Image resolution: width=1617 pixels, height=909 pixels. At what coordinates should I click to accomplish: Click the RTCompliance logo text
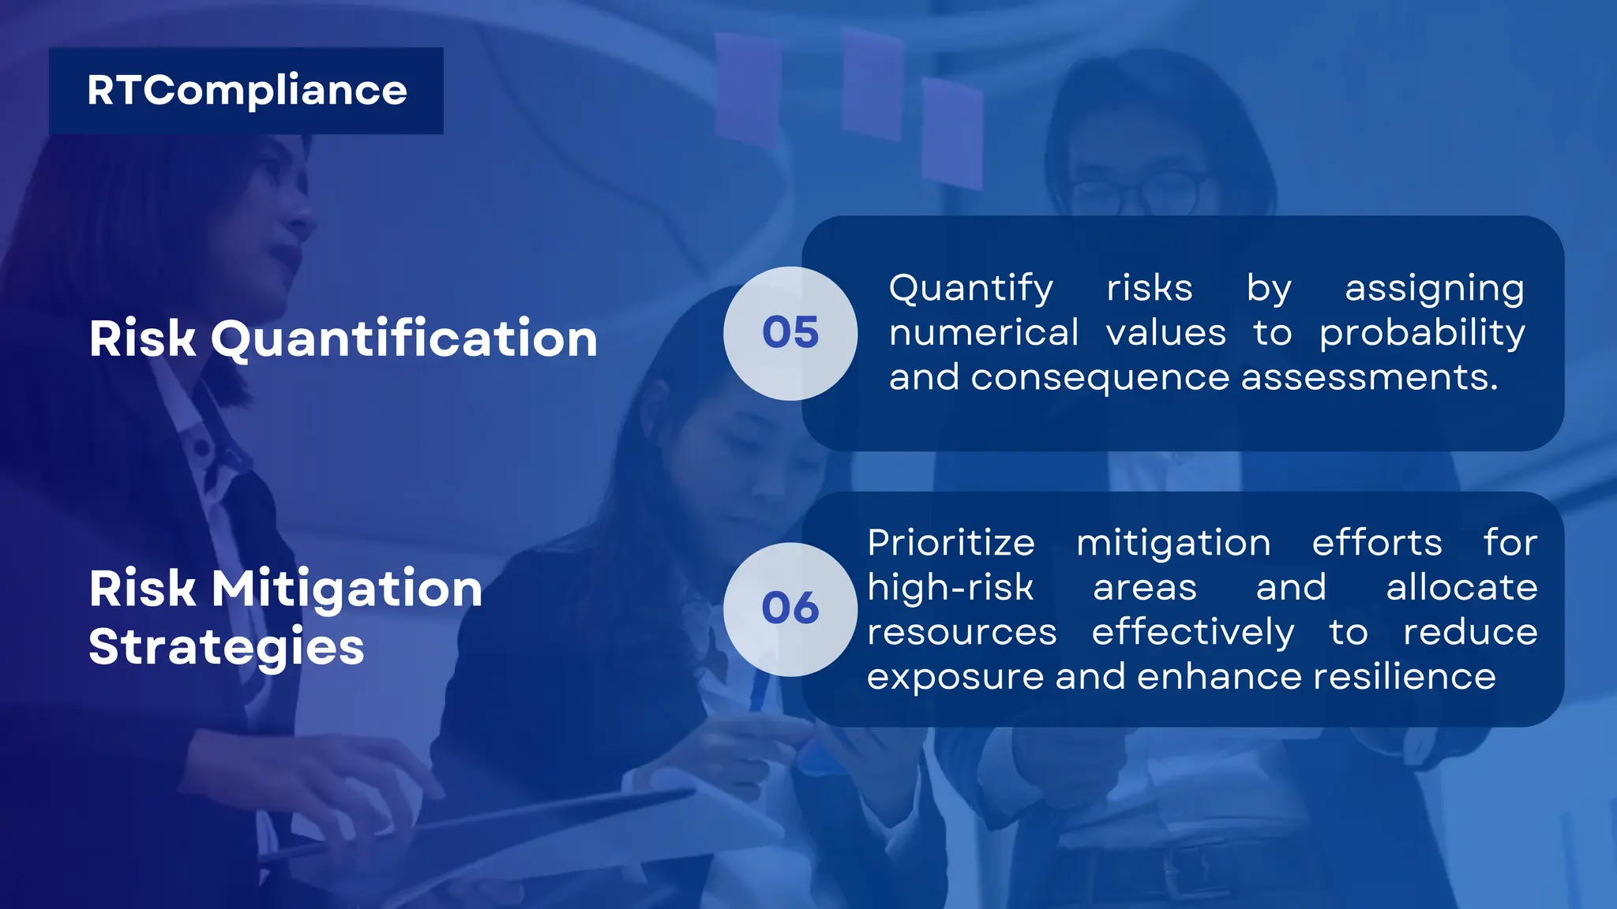246,91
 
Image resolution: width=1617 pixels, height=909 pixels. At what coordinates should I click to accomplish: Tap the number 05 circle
790,333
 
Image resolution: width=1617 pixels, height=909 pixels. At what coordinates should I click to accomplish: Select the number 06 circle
790,609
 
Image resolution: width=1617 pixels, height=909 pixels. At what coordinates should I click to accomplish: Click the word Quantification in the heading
403,339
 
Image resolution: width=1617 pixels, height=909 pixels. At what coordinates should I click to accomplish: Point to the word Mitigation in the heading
347,589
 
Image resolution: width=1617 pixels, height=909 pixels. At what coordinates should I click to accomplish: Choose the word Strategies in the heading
227,648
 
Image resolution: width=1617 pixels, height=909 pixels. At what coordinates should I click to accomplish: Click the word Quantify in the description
971,289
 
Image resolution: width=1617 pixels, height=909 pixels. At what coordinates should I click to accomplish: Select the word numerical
984,333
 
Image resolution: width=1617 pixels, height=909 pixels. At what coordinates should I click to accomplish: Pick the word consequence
1100,378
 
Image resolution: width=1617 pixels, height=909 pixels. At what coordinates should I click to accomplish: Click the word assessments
1369,378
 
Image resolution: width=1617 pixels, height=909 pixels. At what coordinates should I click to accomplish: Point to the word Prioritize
951,543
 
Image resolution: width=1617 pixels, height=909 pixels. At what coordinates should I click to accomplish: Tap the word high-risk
951,588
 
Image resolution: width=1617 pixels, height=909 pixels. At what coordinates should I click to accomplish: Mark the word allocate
1461,588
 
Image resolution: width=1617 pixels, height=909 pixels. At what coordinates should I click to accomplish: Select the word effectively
1193,633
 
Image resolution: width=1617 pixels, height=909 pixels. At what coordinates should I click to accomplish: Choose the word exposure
955,677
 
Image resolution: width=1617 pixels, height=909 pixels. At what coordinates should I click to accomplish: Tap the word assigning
1435,289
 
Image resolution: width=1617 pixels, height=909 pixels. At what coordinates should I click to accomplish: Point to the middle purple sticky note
872,85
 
